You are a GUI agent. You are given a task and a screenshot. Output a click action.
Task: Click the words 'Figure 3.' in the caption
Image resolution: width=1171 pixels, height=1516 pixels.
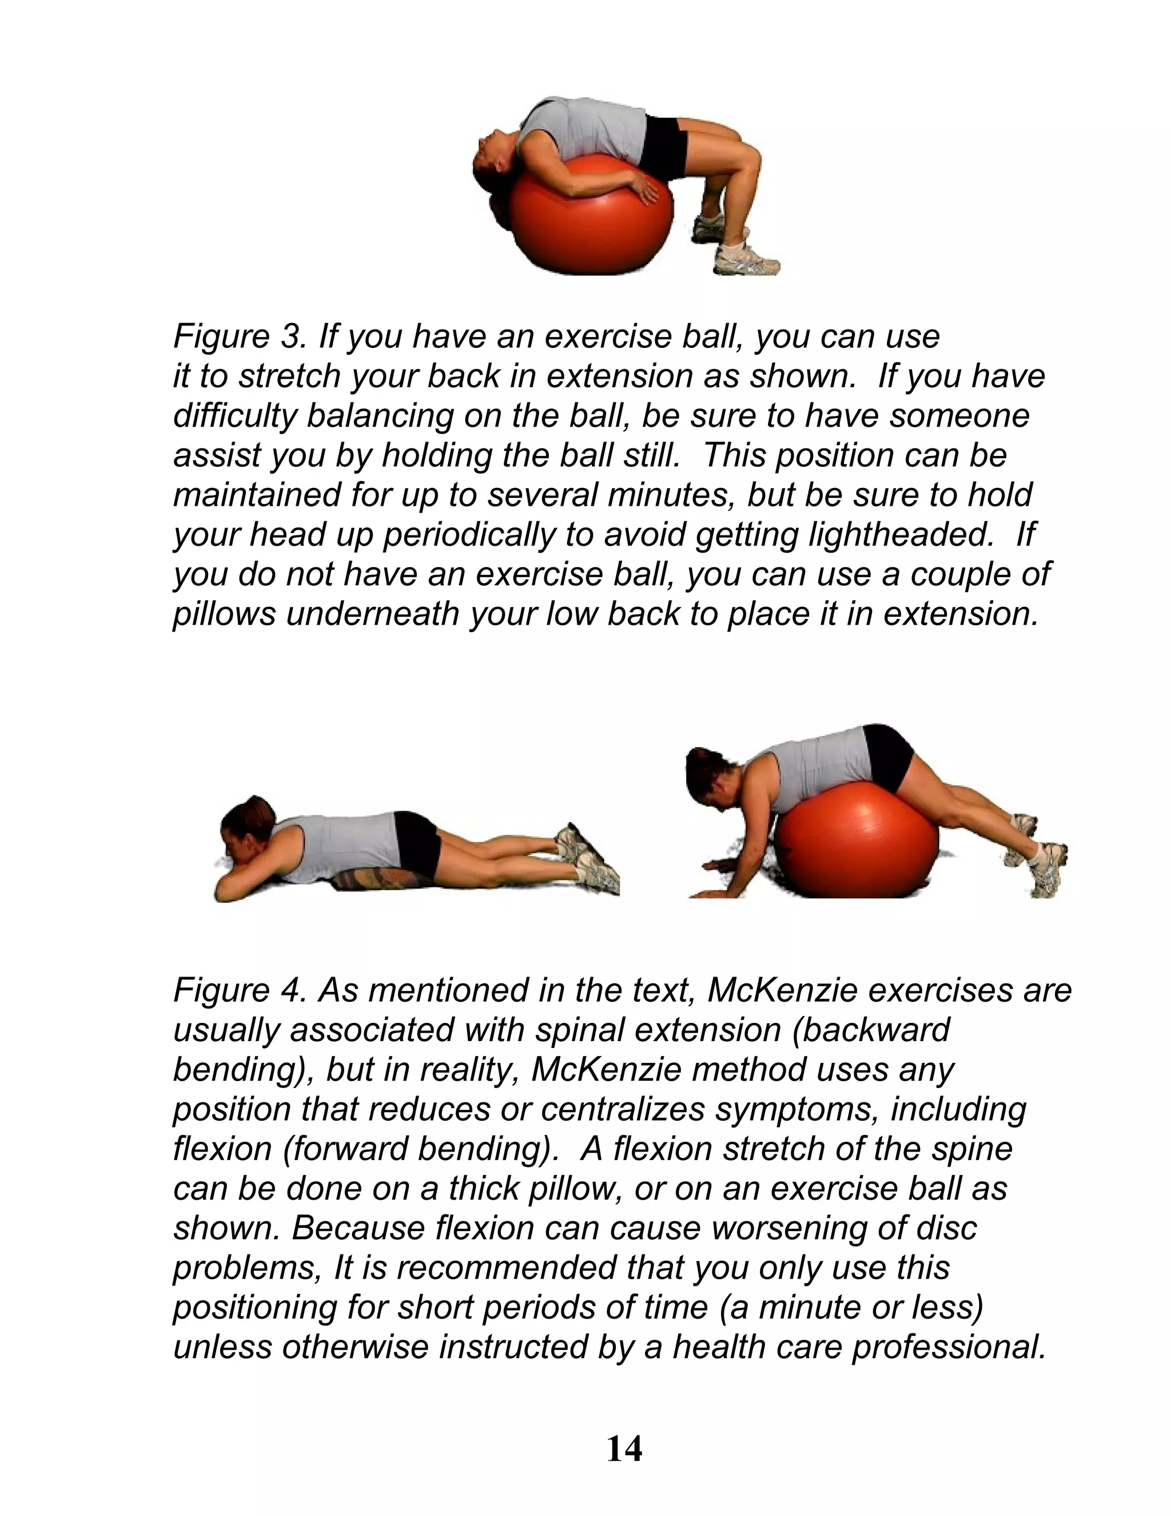[x=240, y=336]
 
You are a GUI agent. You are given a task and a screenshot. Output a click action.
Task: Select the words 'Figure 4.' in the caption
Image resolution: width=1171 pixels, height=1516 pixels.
[x=240, y=990]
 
